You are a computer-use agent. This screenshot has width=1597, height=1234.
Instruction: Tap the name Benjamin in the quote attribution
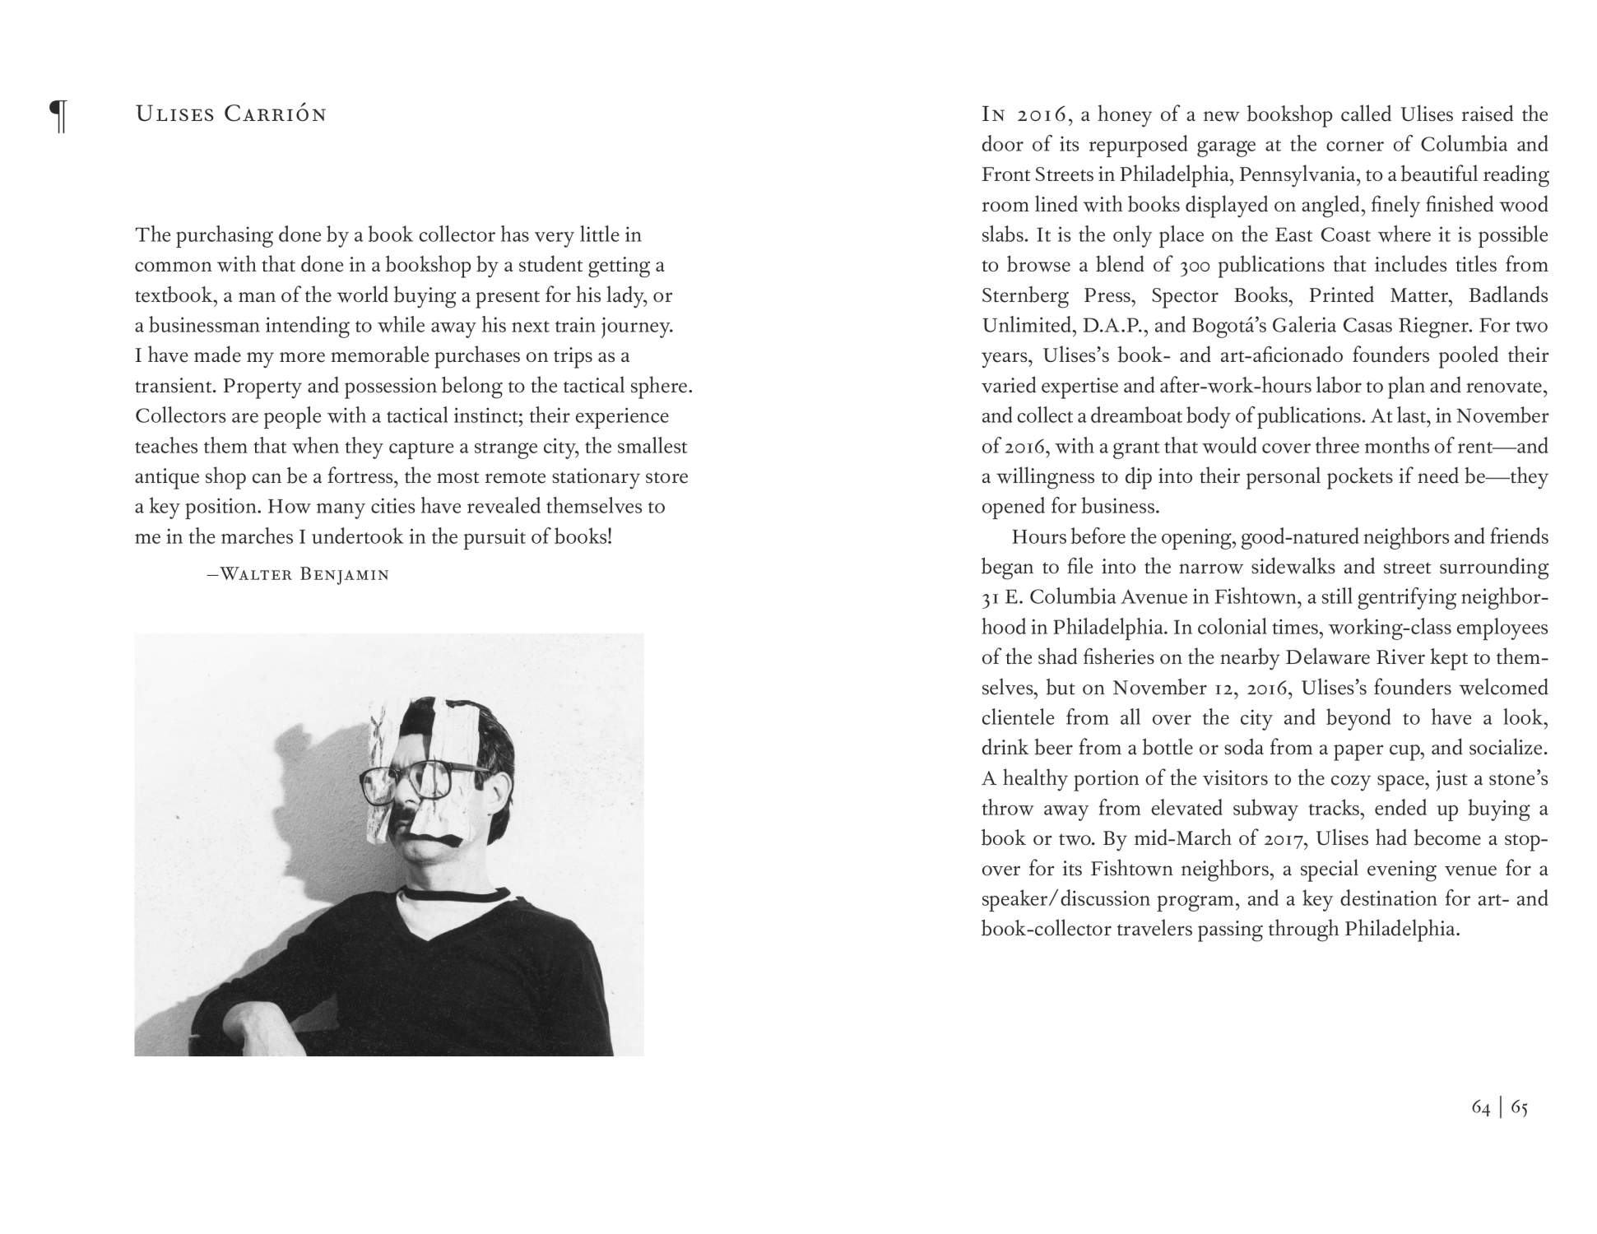pyautogui.click(x=344, y=574)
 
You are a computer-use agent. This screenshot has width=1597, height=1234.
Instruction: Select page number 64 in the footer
pyautogui.click(x=1480, y=1107)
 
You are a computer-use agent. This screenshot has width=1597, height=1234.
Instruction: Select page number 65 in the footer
pyautogui.click(x=1519, y=1107)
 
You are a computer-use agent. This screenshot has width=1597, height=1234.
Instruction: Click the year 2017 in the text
pyautogui.click(x=1284, y=839)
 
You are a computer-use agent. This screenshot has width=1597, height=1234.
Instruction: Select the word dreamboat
pyautogui.click(x=1140, y=416)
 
